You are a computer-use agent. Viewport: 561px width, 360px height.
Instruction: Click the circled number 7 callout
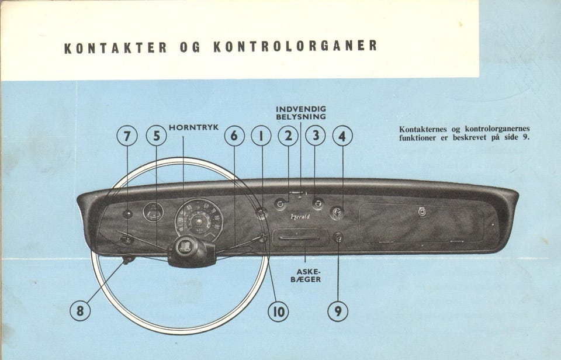127,136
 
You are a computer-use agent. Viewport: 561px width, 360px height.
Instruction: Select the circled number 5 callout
156,136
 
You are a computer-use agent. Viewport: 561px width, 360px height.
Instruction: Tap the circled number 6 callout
234,136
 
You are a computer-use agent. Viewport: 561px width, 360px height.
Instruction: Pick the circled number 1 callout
261,136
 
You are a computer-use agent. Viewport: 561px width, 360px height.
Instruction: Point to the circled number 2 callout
288,136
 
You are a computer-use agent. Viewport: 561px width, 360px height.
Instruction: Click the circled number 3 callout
316,136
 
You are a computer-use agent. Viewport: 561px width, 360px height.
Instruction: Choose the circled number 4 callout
342,136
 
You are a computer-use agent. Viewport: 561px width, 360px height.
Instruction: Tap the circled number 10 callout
278,311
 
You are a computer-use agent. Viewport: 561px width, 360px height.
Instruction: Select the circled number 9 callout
338,311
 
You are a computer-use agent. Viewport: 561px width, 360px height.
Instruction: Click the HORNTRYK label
193,127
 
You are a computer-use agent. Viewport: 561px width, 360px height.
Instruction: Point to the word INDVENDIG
301,109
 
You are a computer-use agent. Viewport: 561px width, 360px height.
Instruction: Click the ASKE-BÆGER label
308,275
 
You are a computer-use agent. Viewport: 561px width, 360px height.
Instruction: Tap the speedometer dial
199,220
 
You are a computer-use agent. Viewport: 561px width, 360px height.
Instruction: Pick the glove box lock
422,212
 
